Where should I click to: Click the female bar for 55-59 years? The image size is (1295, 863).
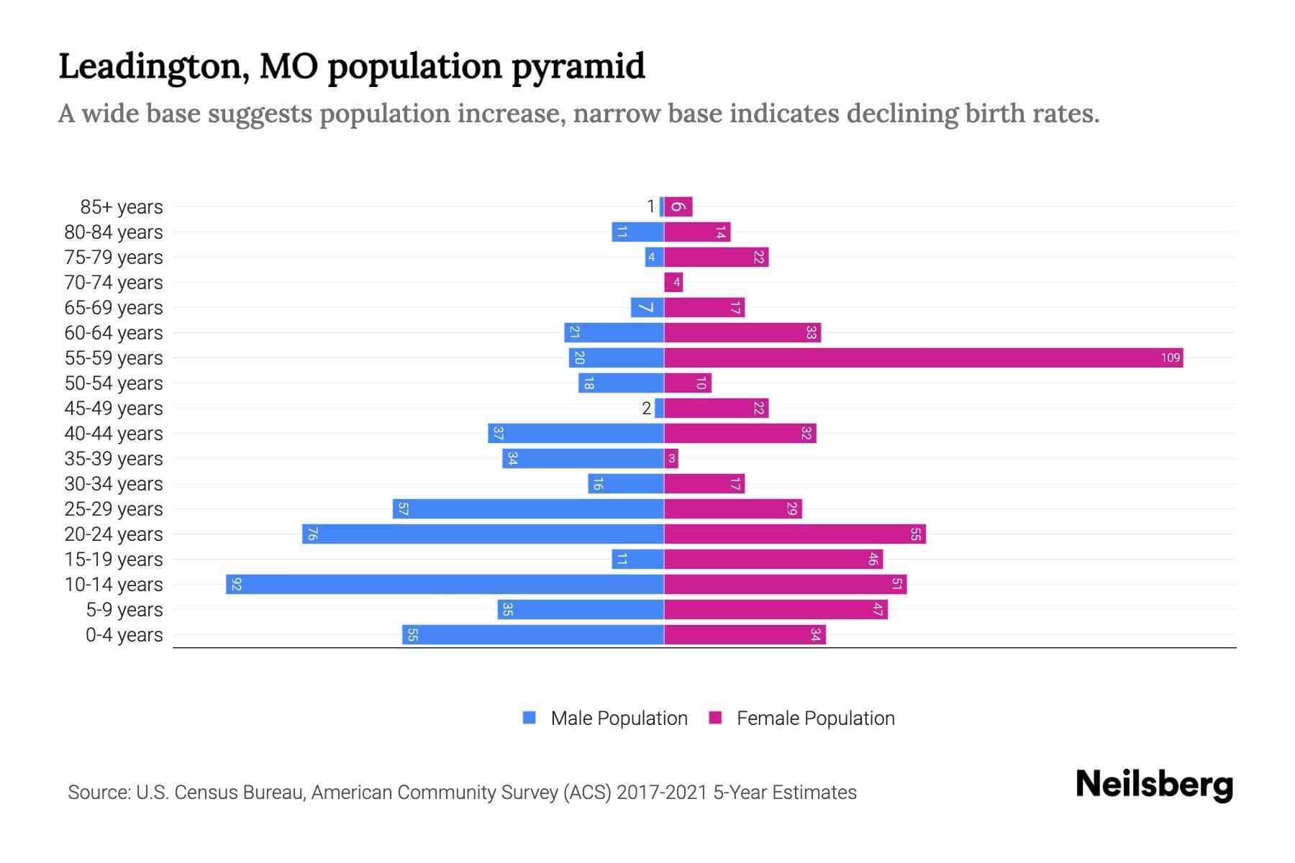923,357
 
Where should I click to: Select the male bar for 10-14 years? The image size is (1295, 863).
445,584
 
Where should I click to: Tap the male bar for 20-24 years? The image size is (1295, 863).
483,534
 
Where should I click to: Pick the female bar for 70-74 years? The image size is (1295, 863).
673,282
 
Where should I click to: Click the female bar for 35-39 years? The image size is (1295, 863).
671,458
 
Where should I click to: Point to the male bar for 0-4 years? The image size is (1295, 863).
532,634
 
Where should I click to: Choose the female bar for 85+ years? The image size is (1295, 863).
678,207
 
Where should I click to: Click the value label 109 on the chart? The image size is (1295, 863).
1170,357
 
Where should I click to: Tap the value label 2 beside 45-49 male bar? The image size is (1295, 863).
646,408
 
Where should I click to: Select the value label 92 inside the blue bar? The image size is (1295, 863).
237,584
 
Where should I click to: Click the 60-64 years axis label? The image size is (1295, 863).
114,333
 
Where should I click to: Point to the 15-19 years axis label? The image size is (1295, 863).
114,560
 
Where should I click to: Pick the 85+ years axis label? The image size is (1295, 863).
122,207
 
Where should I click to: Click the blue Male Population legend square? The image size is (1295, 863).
530,718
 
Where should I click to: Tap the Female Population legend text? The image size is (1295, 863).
815,718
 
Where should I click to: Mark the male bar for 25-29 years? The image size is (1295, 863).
528,508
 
